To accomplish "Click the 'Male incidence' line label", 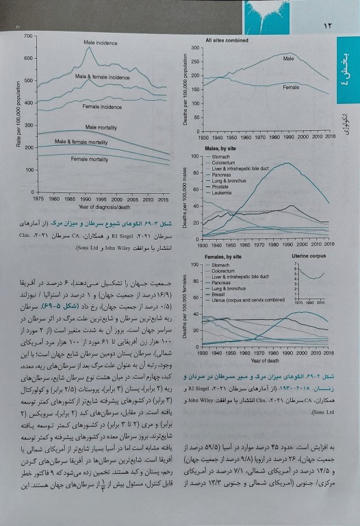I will (x=100, y=42).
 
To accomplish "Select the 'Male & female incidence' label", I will (x=103, y=77).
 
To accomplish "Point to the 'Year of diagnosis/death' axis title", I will (x=104, y=206).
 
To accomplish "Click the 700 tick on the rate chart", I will (x=28, y=36).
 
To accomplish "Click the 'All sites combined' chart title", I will (x=227, y=40).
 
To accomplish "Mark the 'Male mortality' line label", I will (x=101, y=127).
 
